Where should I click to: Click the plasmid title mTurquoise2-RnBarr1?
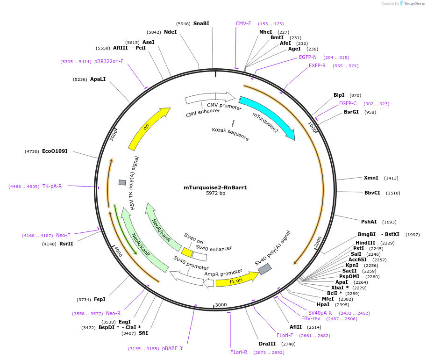215,187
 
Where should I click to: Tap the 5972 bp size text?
215,193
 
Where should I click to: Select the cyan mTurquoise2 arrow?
269,117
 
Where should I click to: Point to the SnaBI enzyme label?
201,23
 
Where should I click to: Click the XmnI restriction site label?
371,178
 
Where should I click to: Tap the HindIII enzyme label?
365,243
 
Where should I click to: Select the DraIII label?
267,344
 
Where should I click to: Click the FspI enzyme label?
100,299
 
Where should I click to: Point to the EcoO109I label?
55,151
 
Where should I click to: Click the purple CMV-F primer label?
243,23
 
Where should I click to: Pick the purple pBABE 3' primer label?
173,348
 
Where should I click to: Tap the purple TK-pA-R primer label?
52,186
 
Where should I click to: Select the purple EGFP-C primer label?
348,103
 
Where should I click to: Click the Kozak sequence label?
230,134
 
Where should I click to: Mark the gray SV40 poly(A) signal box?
265,269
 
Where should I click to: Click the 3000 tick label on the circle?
221,304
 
